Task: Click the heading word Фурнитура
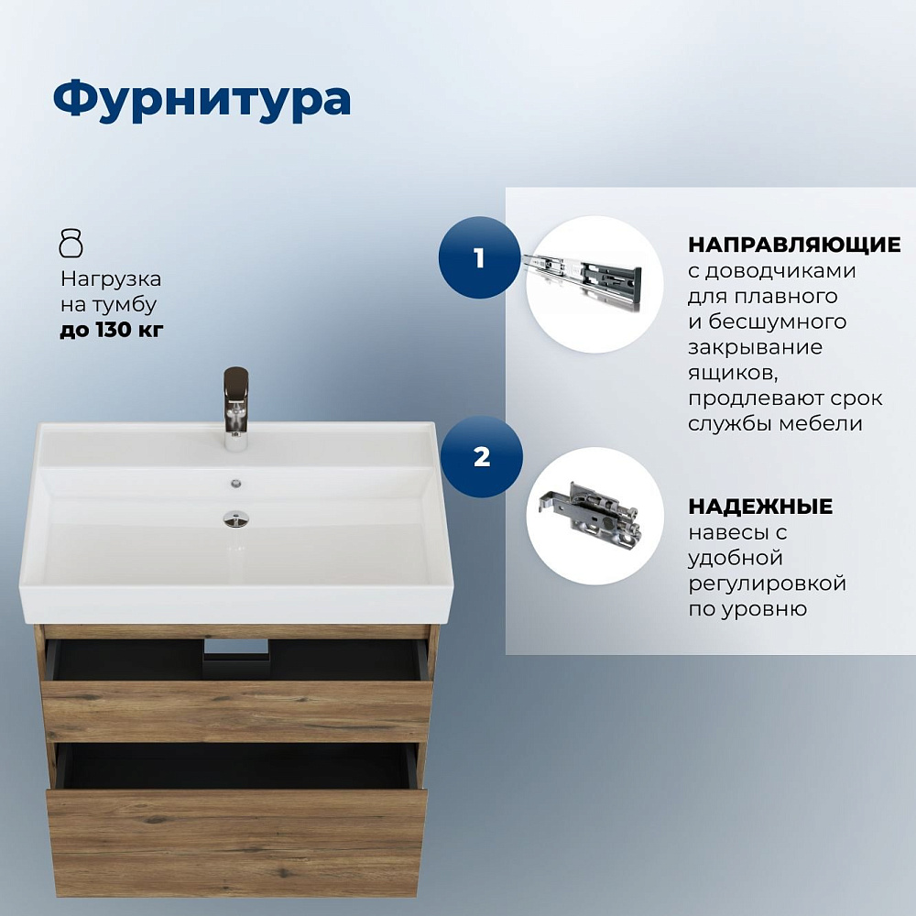point(202,100)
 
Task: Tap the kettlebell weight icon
point(71,244)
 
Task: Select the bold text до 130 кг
point(112,330)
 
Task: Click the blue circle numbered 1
point(479,257)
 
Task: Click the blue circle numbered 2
point(482,456)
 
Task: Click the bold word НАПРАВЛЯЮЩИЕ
point(794,245)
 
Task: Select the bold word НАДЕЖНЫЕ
point(760,506)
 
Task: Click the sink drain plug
point(235,518)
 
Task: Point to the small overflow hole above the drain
point(236,483)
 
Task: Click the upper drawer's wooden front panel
point(237,711)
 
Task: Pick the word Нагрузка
point(111,279)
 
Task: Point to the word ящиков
point(733,373)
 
